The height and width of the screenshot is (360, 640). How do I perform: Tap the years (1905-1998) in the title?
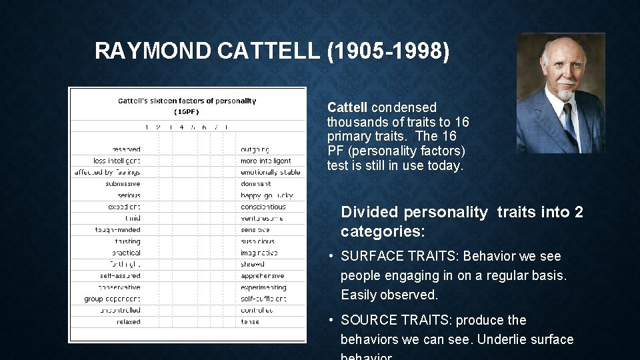(388, 51)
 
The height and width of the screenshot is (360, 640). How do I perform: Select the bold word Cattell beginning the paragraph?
(348, 107)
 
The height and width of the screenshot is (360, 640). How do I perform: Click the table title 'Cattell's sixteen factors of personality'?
(187, 101)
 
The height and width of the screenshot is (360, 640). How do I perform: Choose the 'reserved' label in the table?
(126, 149)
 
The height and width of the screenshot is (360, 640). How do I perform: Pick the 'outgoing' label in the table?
(255, 149)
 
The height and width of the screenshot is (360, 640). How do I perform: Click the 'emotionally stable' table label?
(270, 172)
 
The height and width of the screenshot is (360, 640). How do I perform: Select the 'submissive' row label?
(123, 184)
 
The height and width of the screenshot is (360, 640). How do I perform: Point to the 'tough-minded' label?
(118, 230)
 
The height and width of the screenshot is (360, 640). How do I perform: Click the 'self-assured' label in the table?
(120, 276)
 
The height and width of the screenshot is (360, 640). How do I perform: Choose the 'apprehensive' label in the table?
(263, 276)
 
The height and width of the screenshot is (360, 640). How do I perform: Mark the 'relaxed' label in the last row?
(128, 321)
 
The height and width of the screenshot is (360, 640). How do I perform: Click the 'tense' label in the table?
(250, 321)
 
